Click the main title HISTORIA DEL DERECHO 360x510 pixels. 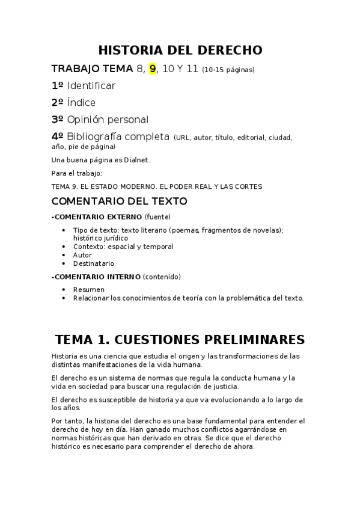coord(180,49)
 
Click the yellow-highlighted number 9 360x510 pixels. coord(153,69)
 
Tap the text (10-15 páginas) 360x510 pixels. coord(228,70)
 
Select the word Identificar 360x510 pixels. coord(91,85)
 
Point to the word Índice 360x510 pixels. coord(81,102)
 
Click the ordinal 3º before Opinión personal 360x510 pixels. coord(58,119)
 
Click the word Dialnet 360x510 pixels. coord(136,159)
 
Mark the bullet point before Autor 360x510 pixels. coord(64,255)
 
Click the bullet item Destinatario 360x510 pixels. coord(93,263)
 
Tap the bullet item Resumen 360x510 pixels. coord(88,289)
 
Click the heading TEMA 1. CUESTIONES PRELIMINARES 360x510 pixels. coord(180,339)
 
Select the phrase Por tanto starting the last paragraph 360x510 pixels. coord(67,420)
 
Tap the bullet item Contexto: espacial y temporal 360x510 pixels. coord(123,247)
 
